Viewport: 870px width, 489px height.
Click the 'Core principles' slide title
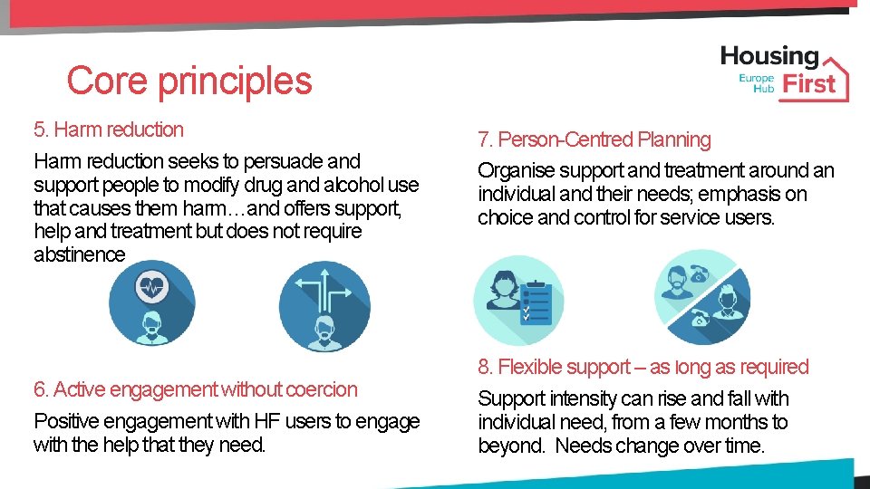point(188,81)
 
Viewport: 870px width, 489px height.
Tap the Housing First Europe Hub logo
point(785,72)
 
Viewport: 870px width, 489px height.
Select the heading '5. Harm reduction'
point(108,129)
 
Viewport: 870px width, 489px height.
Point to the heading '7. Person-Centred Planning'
point(594,139)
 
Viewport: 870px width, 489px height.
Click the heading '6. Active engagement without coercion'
point(195,389)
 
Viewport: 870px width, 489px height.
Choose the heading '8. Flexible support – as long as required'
point(643,367)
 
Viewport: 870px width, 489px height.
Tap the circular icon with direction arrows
point(324,305)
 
